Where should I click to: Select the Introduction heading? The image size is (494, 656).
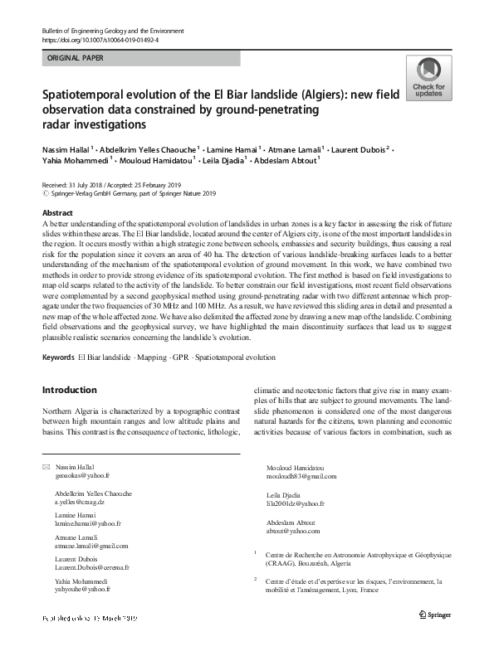[x=69, y=389]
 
